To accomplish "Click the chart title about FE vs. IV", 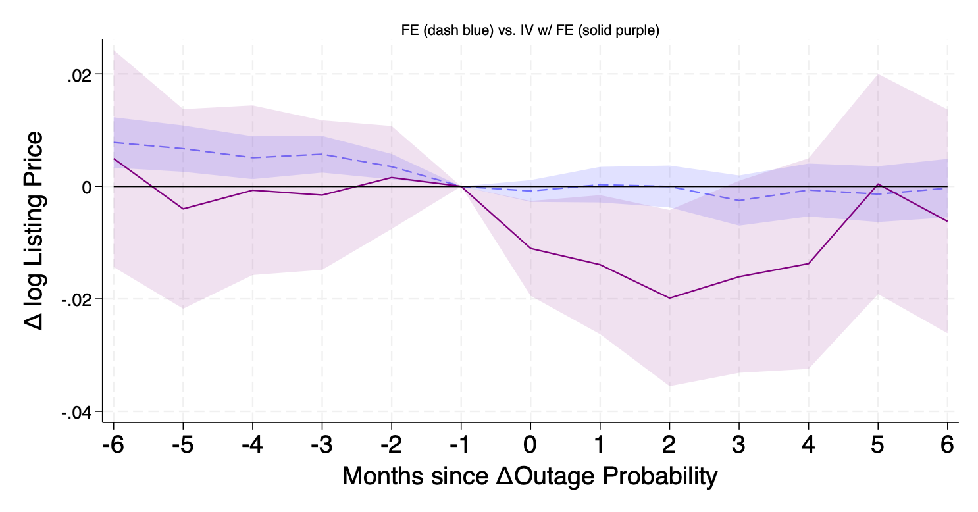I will (530, 30).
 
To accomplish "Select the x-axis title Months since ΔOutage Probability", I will (530, 476).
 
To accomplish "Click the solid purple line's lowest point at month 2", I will (669, 298).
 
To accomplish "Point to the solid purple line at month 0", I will (530, 248).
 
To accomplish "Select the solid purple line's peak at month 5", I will (878, 184).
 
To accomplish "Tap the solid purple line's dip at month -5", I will (183, 209).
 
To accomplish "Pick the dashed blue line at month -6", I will (114, 142).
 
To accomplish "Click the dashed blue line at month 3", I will (739, 201).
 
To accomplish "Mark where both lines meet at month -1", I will (461, 186).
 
